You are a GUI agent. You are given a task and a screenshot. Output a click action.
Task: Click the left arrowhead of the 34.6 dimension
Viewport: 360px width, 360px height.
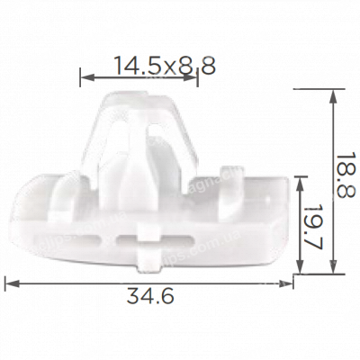point(9,283)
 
